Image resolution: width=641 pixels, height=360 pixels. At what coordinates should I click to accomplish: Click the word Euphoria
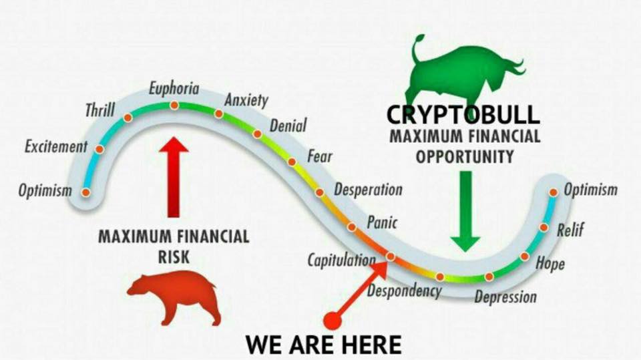tap(174, 88)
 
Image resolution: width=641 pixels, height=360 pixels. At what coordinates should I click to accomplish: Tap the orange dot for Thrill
tap(128, 118)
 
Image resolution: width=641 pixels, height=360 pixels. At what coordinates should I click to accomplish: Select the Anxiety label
tap(246, 101)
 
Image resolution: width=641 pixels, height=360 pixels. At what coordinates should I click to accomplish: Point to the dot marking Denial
tap(257, 134)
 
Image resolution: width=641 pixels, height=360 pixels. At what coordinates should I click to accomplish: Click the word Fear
tap(320, 156)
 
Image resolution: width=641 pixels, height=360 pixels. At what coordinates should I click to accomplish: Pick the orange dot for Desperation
tap(320, 192)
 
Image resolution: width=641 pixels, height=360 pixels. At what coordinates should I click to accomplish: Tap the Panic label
tap(382, 222)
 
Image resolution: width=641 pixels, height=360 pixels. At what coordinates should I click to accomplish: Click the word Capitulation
tap(341, 260)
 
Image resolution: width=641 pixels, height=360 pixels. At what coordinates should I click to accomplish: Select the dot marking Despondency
tap(440, 277)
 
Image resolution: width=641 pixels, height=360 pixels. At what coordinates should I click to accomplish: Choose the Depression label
tap(505, 297)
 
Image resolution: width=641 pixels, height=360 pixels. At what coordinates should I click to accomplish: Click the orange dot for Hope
tap(525, 256)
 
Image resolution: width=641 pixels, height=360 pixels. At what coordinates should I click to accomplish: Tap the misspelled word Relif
tap(570, 230)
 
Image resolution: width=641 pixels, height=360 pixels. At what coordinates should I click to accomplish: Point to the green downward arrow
tap(465, 211)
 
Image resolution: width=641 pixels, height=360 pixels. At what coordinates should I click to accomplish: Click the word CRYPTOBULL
tap(463, 115)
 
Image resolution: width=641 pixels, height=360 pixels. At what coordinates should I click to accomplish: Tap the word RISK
tap(174, 257)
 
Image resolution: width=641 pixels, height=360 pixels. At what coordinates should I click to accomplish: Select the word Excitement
tap(56, 146)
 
